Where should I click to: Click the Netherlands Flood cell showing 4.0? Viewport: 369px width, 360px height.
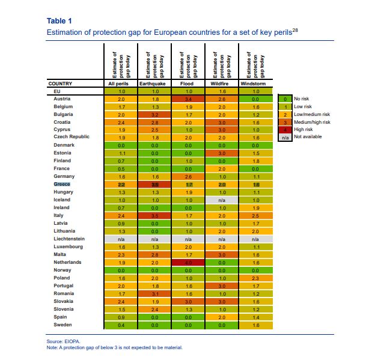tap(188, 263)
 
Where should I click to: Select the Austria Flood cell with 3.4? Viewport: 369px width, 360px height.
tap(188, 99)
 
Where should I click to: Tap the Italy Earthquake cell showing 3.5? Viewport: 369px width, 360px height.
tap(154, 216)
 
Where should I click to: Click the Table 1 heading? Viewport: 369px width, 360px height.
tap(58, 22)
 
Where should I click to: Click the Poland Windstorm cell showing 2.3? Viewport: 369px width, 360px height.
tap(255, 278)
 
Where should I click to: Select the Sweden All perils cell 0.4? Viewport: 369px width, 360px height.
tap(121, 325)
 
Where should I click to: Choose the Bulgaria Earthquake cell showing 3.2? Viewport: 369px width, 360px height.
tap(154, 114)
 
